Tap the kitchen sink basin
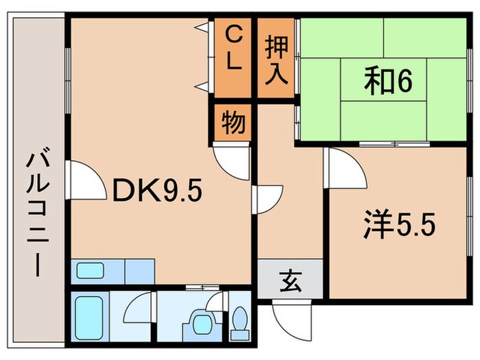(90, 271)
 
